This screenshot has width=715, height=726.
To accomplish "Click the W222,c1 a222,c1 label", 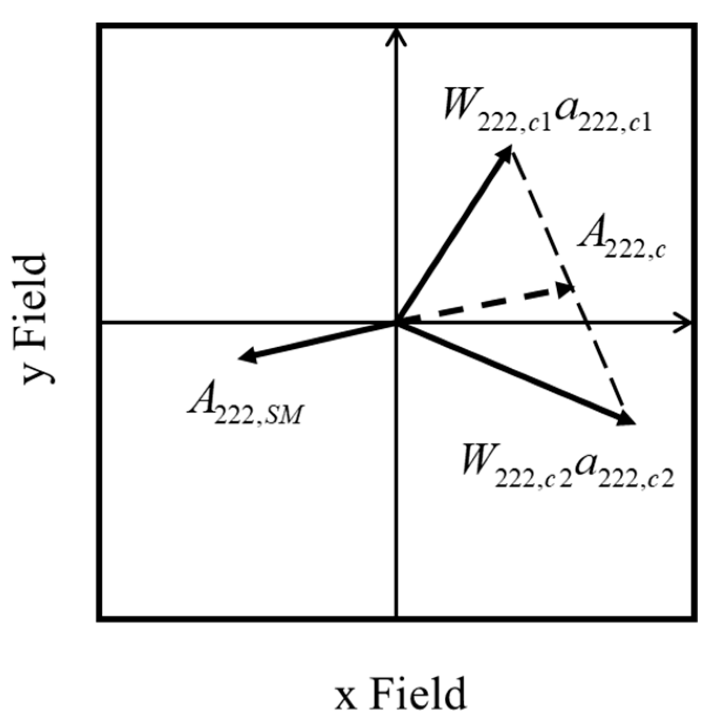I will click(x=547, y=112).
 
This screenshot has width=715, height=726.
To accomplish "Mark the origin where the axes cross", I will click(x=396, y=322).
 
